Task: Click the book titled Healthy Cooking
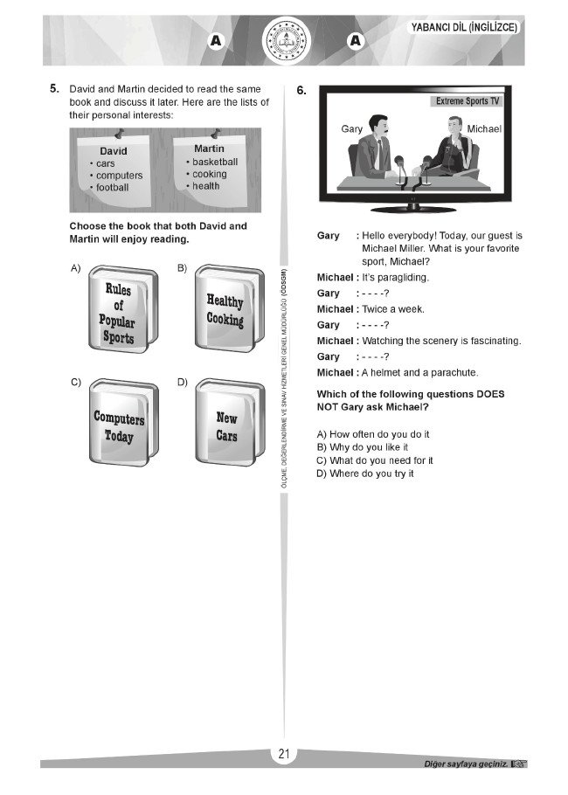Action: click(x=230, y=308)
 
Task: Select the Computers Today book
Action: click(x=124, y=422)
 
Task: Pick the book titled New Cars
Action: click(x=230, y=422)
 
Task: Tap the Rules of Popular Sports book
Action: click(x=123, y=309)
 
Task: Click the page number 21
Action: click(x=284, y=754)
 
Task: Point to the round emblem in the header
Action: click(x=287, y=40)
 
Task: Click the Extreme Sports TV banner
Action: click(x=468, y=101)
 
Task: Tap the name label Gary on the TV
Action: click(x=352, y=128)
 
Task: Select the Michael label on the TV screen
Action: click(x=484, y=128)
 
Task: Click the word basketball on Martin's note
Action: click(x=215, y=162)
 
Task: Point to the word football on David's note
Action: click(x=113, y=187)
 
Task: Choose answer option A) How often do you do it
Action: click(x=373, y=434)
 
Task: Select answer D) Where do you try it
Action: click(x=365, y=474)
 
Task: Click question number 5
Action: click(x=54, y=89)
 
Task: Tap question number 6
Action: click(x=301, y=90)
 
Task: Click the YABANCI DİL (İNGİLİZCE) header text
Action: click(x=464, y=27)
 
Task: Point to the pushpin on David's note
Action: click(x=119, y=133)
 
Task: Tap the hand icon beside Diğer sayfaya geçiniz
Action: click(x=520, y=764)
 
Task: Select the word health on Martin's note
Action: click(x=206, y=186)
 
